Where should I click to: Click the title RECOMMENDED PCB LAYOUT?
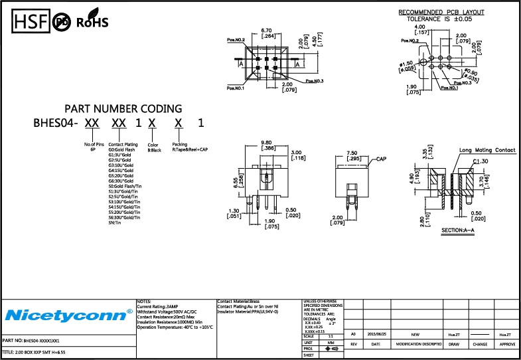click(x=441, y=13)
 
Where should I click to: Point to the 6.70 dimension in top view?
click(x=268, y=31)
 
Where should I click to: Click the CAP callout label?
click(x=381, y=160)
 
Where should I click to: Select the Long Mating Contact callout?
click(x=487, y=151)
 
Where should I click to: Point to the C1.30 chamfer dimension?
click(x=481, y=161)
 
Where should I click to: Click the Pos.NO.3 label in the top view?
click(x=315, y=81)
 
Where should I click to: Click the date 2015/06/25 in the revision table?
click(x=376, y=335)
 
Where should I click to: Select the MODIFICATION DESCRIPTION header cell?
click(x=419, y=345)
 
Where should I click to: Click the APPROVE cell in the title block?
click(x=507, y=345)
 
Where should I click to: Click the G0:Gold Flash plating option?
click(x=123, y=150)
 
